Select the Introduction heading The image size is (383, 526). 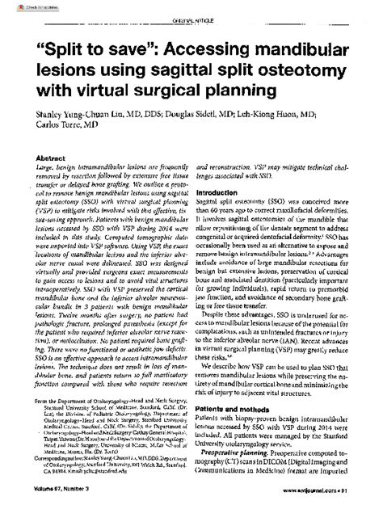220,193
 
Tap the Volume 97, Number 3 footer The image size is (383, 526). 54,512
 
